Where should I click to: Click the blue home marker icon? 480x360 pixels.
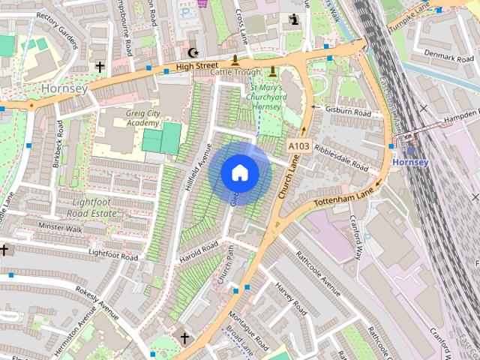click(240, 173)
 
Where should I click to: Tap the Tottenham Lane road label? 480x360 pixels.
click(346, 194)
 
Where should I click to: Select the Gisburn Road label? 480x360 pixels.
click(349, 112)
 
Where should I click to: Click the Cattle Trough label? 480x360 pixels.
click(235, 73)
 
